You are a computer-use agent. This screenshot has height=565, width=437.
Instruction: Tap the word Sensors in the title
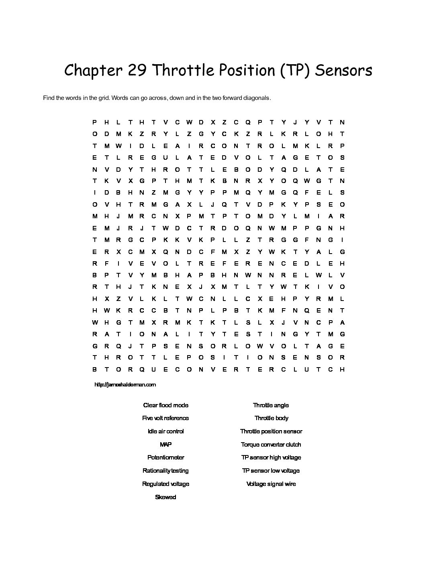pyautogui.click(x=343, y=70)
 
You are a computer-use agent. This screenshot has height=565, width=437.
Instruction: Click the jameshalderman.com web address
pyautogui.click(x=125, y=384)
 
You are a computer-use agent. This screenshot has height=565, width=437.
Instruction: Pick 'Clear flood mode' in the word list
pyautogui.click(x=165, y=405)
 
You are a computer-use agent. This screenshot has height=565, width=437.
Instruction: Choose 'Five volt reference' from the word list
pyautogui.click(x=165, y=418)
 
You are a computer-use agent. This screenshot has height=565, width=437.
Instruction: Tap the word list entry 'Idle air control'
pyautogui.click(x=165, y=431)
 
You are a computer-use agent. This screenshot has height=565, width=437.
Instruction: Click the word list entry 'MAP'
pyautogui.click(x=165, y=445)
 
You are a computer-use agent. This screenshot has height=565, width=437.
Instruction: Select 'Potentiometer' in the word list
pyautogui.click(x=165, y=457)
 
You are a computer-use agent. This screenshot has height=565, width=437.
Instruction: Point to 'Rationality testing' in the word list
pyautogui.click(x=165, y=471)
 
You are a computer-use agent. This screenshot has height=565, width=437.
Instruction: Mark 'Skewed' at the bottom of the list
pyautogui.click(x=165, y=497)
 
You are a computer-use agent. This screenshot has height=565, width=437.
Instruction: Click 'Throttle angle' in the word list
pyautogui.click(x=271, y=405)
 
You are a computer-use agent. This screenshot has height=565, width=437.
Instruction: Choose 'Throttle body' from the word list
pyautogui.click(x=271, y=418)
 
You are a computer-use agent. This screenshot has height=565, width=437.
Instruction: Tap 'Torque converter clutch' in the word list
pyautogui.click(x=271, y=445)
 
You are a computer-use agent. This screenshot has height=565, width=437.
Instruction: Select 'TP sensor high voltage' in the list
pyautogui.click(x=271, y=457)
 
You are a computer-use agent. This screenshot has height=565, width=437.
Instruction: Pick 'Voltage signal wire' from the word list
pyautogui.click(x=271, y=484)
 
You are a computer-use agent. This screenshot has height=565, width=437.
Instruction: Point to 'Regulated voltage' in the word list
pyautogui.click(x=165, y=484)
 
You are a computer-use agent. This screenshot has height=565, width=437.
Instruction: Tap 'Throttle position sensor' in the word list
pyautogui.click(x=271, y=431)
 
